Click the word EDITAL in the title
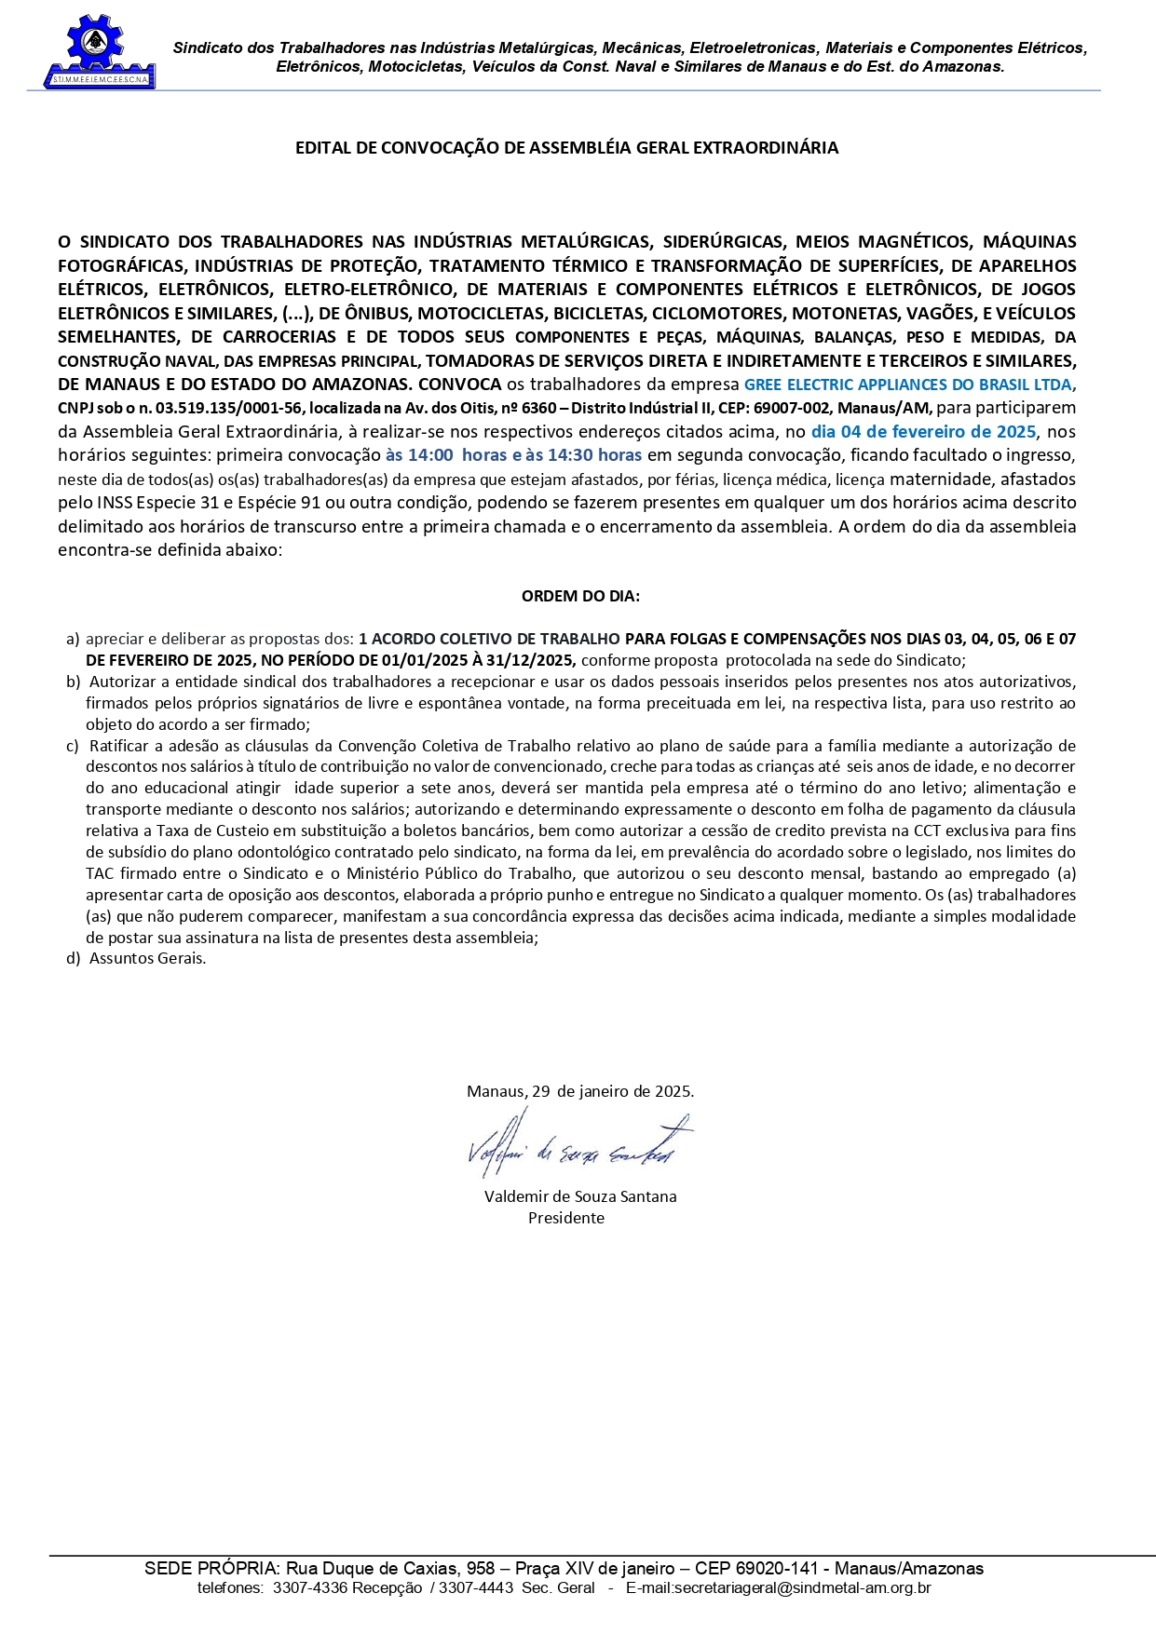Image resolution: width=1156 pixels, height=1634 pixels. [321, 148]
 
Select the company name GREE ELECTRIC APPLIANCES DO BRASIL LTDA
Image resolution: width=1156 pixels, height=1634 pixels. [907, 385]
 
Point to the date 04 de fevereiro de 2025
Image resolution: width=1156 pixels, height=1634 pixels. [923, 432]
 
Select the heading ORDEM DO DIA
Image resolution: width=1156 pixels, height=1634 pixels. [580, 597]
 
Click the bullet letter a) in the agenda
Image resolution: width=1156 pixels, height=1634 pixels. [73, 640]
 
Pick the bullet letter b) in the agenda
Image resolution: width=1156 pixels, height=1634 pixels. [73, 682]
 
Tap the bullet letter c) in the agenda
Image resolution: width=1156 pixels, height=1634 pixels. [73, 746]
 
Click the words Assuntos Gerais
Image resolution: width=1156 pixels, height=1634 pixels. [147, 958]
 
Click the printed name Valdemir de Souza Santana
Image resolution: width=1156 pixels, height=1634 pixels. [580, 1196]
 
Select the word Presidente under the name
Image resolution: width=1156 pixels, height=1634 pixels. [566, 1218]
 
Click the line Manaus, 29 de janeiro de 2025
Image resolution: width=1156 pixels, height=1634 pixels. [580, 1091]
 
